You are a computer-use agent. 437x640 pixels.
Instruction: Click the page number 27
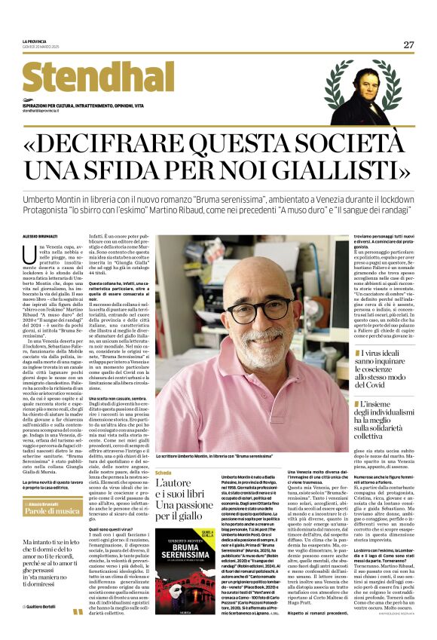408,44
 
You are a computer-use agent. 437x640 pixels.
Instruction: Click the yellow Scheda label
163,471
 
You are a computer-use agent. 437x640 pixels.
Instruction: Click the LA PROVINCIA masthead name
34,41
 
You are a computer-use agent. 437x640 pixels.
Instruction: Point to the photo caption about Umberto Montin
218,455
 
